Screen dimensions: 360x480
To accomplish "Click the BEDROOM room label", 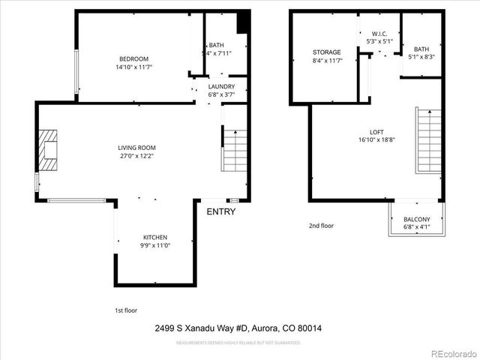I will click(133, 59).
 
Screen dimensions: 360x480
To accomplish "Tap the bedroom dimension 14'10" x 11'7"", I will click(133, 67).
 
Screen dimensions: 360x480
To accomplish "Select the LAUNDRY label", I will click(221, 86).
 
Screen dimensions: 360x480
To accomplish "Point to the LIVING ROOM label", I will click(136, 148).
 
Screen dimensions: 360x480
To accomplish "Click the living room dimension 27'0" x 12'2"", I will click(136, 156).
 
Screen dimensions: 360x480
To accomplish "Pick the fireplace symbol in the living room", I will click(49, 145).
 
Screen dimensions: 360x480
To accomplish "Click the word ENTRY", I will click(221, 211).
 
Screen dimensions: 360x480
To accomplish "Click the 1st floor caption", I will click(126, 310).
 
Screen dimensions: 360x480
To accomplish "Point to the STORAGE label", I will click(327, 52).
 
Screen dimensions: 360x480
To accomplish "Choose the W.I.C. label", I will click(379, 34).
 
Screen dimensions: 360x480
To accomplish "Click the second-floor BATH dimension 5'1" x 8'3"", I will click(421, 56).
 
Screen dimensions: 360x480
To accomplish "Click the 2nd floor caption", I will click(321, 225).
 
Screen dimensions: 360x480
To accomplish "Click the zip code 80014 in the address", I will click(309, 328).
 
